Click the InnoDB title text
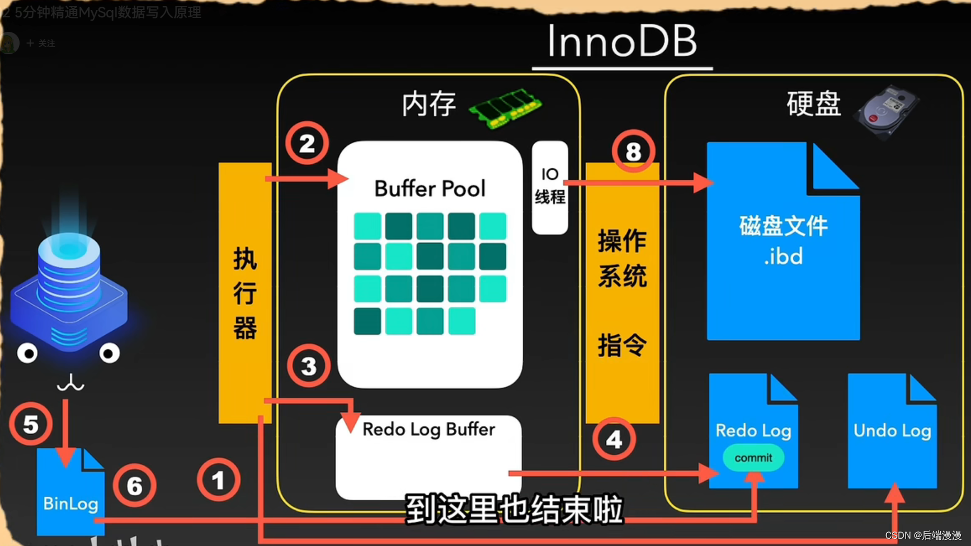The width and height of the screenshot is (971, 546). click(x=622, y=41)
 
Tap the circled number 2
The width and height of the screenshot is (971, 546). click(x=307, y=144)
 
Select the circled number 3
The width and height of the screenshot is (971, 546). click(x=309, y=367)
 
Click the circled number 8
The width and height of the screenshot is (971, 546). click(x=633, y=151)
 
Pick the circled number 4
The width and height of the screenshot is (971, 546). click(x=614, y=440)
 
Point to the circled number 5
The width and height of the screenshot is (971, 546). click(x=31, y=424)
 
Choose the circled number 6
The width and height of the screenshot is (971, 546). click(x=135, y=486)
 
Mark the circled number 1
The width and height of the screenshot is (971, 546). click(x=219, y=480)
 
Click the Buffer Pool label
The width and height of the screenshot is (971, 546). click(x=430, y=189)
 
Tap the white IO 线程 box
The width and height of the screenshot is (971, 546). click(x=550, y=187)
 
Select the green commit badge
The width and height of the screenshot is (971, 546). click(x=753, y=458)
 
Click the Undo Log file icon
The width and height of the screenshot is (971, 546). click(x=892, y=431)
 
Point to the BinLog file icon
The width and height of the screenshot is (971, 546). click(x=70, y=492)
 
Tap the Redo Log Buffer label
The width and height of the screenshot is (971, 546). click(x=429, y=429)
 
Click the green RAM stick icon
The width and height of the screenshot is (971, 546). click(x=505, y=108)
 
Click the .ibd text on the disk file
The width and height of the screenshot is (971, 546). click(x=783, y=257)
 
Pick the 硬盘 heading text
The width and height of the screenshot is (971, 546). click(x=814, y=104)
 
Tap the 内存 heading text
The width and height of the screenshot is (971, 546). click(x=429, y=105)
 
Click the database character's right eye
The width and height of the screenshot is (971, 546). click(x=109, y=353)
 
